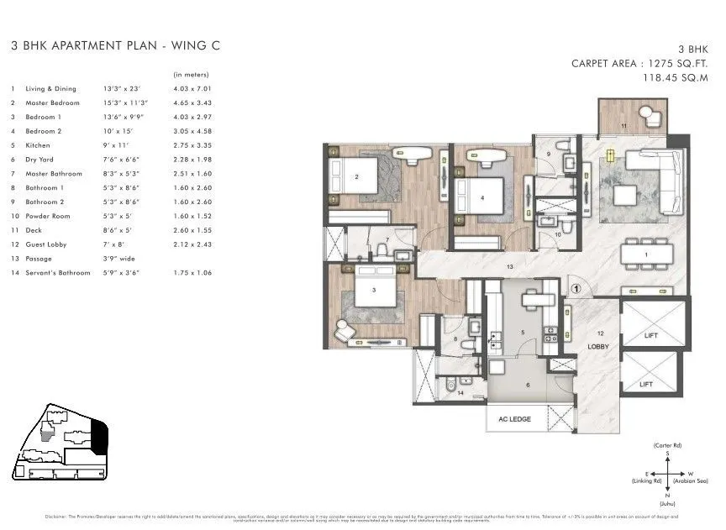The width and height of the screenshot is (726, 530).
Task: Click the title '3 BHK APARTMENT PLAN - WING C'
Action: [115, 47]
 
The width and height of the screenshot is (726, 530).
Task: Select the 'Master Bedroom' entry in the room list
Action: [52, 102]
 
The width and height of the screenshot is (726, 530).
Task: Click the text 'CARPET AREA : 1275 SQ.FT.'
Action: [639, 63]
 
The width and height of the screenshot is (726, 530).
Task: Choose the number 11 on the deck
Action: [623, 125]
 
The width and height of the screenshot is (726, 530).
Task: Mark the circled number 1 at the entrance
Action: [576, 290]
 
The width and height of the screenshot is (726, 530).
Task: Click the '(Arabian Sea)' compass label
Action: [693, 481]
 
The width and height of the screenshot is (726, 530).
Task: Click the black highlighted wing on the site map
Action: [99, 435]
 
